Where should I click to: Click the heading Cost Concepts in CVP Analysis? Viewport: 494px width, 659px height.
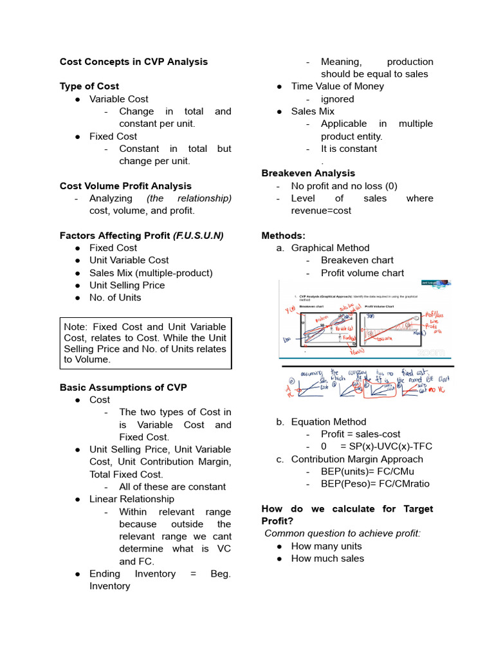pos(134,62)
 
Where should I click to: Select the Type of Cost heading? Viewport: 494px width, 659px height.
pos(89,86)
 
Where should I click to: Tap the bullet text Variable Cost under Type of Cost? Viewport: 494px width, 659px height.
pos(119,99)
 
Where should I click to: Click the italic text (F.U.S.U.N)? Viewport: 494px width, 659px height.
pos(198,236)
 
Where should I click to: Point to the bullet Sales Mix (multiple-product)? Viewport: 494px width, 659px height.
pos(151,273)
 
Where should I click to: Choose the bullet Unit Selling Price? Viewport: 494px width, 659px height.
pos(127,285)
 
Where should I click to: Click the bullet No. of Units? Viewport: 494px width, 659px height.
pos(115,297)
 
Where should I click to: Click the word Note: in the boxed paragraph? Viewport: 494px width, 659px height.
pos(77,327)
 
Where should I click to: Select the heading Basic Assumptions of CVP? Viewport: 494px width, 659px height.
pos(123,387)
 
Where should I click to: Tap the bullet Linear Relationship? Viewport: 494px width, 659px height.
pos(132,499)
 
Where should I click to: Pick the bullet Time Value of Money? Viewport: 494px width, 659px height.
pos(337,86)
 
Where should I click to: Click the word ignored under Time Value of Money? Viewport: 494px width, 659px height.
pos(337,99)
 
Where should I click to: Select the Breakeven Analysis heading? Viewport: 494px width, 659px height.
pos(308,173)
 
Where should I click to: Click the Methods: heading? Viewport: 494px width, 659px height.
pos(284,236)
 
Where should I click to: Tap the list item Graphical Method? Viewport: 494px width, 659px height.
pos(330,248)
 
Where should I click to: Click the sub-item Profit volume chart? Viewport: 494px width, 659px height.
pos(362,273)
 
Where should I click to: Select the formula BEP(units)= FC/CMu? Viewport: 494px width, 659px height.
pos(367,472)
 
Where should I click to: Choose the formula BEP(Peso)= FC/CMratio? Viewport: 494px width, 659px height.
pos(375,484)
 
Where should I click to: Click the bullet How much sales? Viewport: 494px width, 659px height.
pos(327,559)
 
